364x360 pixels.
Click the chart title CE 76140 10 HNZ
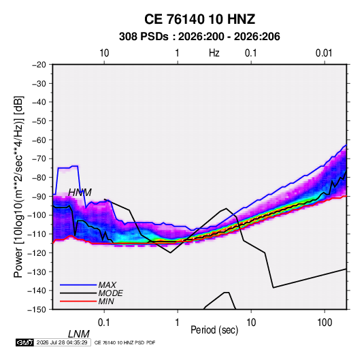[x=199, y=19]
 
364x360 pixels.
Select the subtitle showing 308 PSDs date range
[x=199, y=37]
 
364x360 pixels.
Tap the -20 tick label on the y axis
[x=39, y=65]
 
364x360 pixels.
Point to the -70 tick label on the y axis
[x=39, y=159]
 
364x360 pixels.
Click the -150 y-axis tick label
[x=37, y=310]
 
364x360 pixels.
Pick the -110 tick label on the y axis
[x=37, y=234]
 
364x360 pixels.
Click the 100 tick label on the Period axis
[x=325, y=323]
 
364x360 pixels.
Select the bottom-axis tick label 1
[x=178, y=323]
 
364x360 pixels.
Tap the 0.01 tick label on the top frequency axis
[x=324, y=53]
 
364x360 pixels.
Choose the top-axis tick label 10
[x=104, y=53]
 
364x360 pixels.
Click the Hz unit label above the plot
[x=214, y=53]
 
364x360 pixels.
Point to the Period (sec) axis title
[x=214, y=330]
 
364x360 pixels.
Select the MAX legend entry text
[x=107, y=285]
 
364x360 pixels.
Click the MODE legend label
[x=110, y=293]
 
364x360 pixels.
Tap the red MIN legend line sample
[x=78, y=301]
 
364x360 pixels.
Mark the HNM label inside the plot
[x=80, y=193]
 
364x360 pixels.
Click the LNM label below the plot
[x=79, y=334]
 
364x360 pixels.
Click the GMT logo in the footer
[x=25, y=342]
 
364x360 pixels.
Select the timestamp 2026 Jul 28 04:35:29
[x=62, y=342]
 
